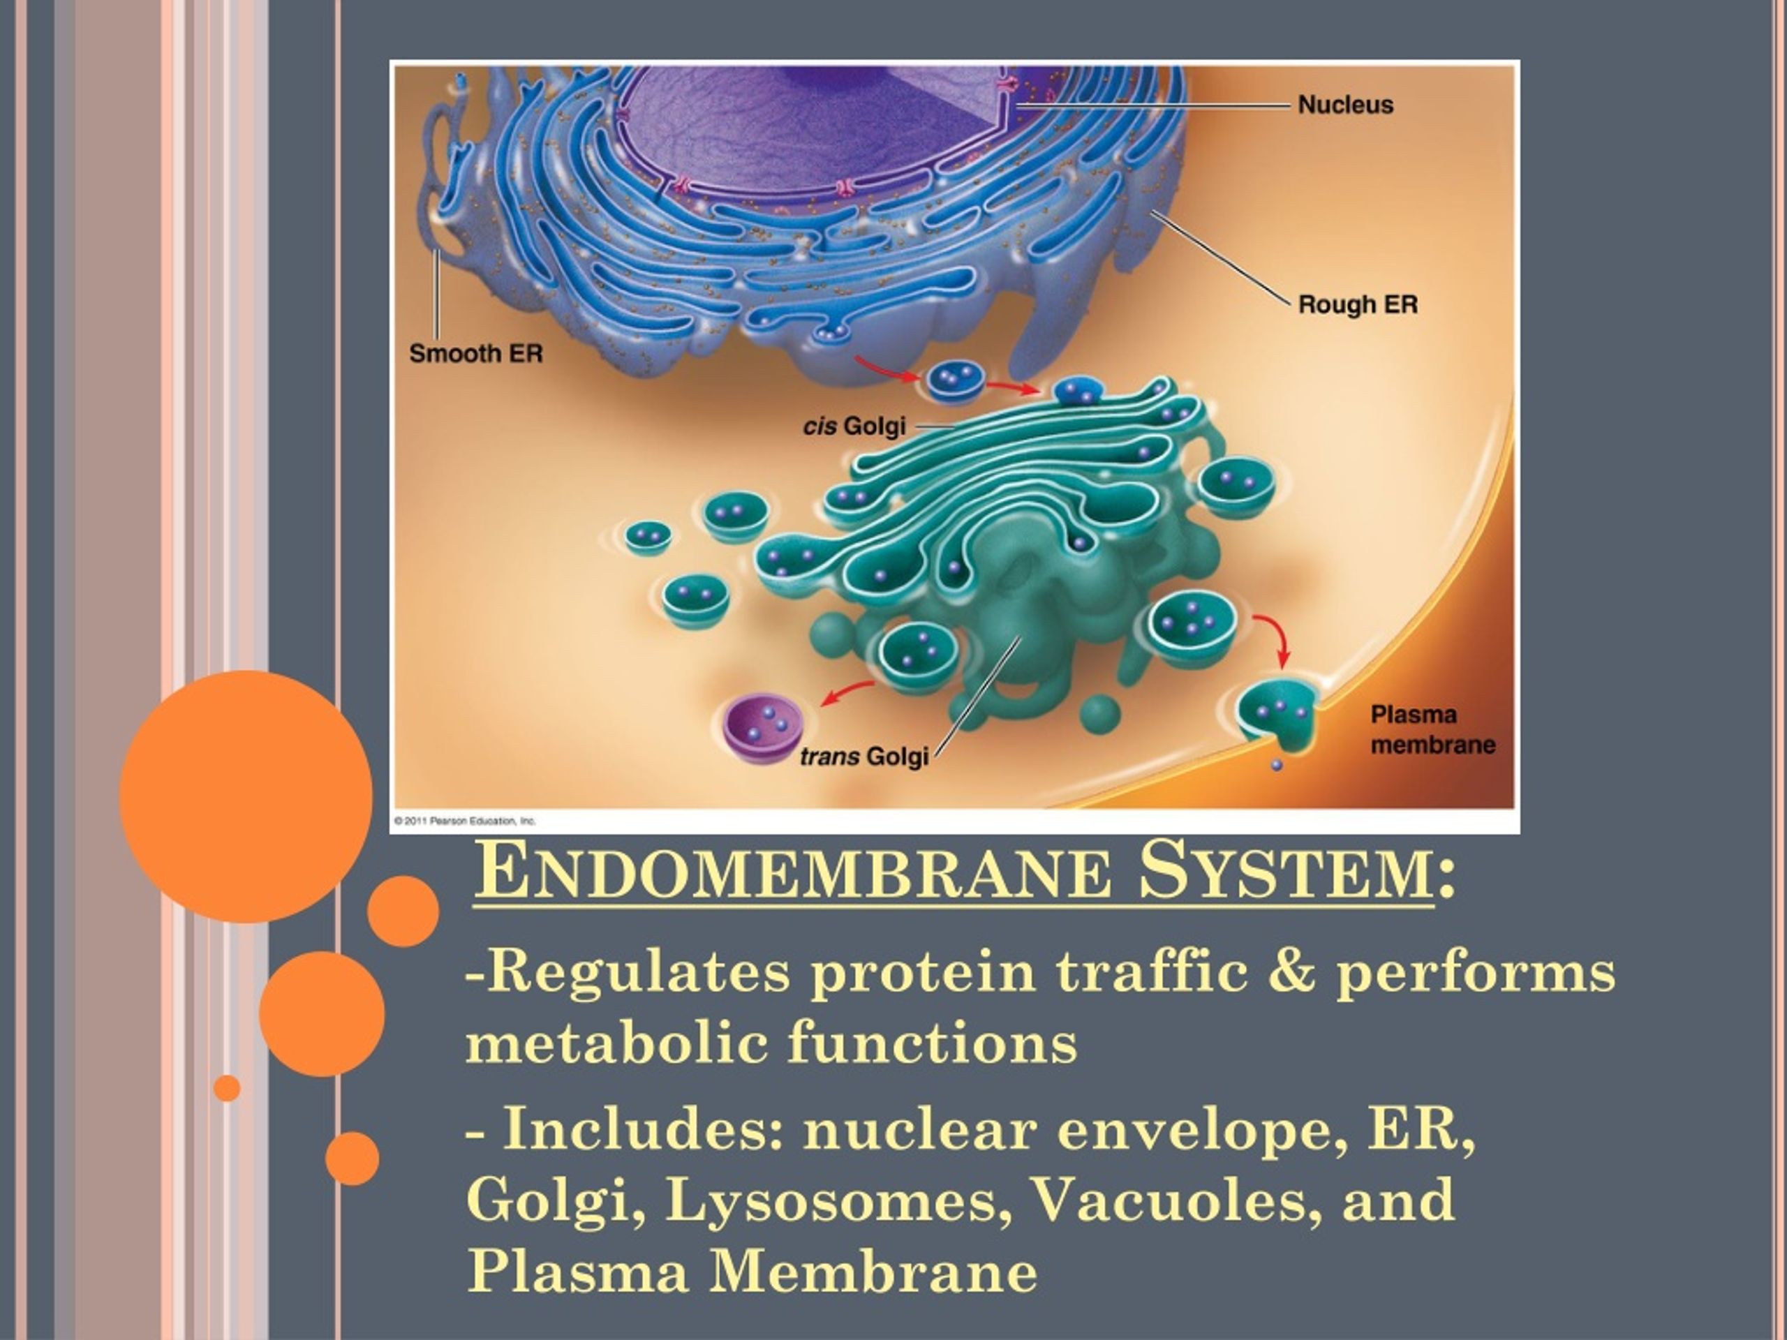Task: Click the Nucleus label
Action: click(1345, 105)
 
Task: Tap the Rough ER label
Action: click(1357, 304)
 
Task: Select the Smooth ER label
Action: click(476, 354)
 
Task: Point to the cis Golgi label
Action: click(854, 426)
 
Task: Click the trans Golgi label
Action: click(863, 757)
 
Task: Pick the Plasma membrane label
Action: click(1432, 729)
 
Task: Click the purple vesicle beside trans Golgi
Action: click(762, 728)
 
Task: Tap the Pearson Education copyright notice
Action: click(464, 821)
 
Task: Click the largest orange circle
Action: click(246, 796)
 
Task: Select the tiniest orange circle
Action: click(227, 1088)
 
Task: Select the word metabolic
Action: click(616, 1042)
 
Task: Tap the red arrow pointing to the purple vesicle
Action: click(846, 692)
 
